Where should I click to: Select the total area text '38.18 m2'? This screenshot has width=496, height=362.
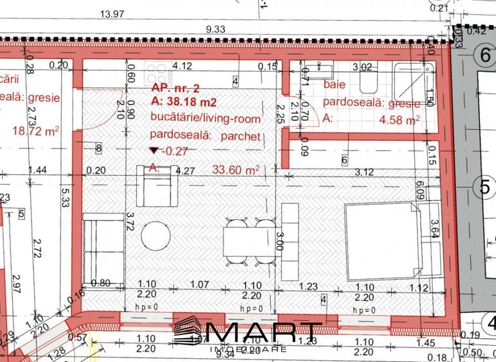(x=187, y=102)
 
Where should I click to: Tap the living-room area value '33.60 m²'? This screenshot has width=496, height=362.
(x=236, y=169)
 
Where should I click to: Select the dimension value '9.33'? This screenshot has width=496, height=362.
(x=216, y=29)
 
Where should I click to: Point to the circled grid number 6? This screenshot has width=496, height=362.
(x=484, y=56)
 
